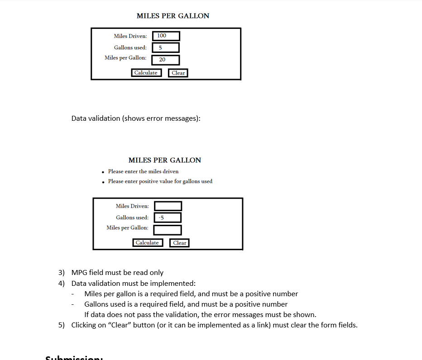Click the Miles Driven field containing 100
pos(166,36)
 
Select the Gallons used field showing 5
pos(166,47)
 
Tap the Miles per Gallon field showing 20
pos(166,60)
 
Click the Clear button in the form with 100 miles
pos(178,73)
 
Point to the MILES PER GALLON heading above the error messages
pos(165,160)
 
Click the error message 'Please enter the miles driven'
pos(143,171)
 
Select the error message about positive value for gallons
pos(160,181)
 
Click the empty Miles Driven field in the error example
pos(168,206)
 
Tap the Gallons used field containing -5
pos(168,218)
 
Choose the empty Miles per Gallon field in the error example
pos(168,230)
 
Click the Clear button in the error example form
pos(180,243)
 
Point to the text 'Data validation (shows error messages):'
pos(136,118)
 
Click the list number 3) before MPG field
pos(62,273)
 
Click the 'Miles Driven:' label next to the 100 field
pos(130,36)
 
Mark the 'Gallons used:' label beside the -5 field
pos(132,218)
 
